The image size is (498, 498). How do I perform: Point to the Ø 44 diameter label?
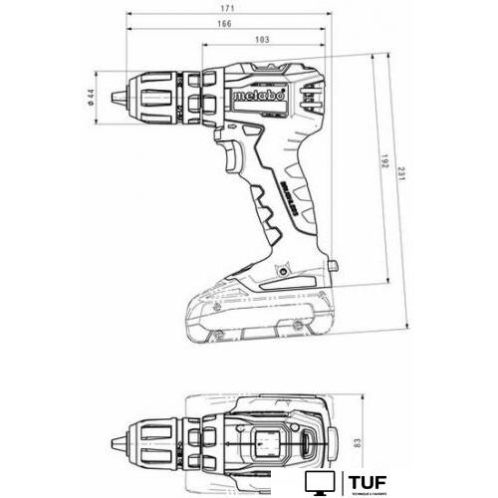click(91, 98)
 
